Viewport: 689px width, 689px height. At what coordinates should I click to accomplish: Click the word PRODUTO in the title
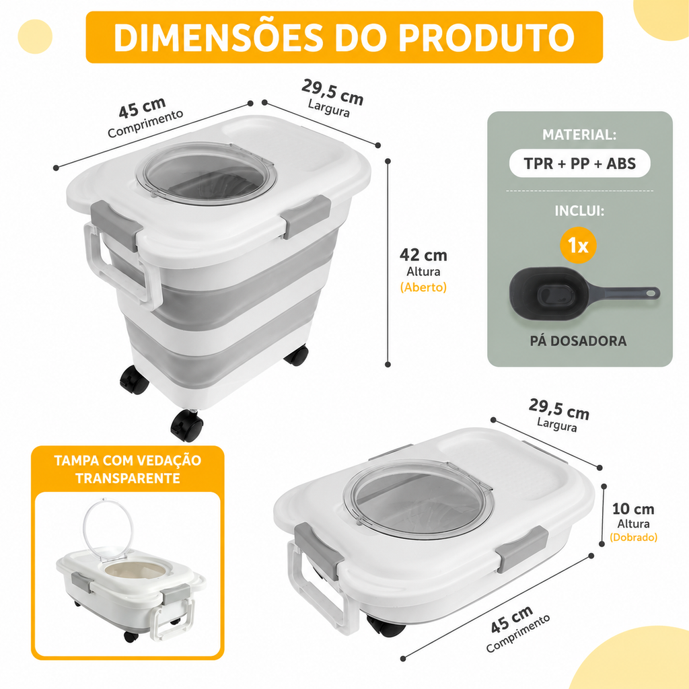tap(486, 37)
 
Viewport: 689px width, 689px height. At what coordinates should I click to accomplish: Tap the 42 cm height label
tap(423, 255)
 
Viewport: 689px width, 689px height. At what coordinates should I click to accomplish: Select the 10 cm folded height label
tap(633, 509)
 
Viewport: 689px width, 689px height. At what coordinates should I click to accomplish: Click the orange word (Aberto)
tap(423, 287)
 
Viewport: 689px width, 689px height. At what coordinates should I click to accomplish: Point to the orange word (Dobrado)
tap(633, 537)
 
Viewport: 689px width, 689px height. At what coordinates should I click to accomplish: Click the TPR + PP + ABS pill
tap(579, 164)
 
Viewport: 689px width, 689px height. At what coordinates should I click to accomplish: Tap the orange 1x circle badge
tap(578, 245)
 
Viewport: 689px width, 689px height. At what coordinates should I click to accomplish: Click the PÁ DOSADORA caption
tap(578, 341)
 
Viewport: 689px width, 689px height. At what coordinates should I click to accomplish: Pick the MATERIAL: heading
tap(579, 135)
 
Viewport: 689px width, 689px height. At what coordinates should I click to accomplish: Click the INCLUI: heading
tap(579, 211)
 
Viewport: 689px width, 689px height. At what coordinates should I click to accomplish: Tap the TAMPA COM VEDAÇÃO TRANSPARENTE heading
tap(127, 469)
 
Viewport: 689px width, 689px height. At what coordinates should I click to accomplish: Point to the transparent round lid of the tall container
tap(206, 174)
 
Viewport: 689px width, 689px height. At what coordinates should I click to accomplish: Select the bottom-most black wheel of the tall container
tap(187, 426)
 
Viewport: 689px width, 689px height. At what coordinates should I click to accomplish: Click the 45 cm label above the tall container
tap(142, 108)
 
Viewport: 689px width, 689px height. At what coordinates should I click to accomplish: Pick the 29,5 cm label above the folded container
tap(559, 409)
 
